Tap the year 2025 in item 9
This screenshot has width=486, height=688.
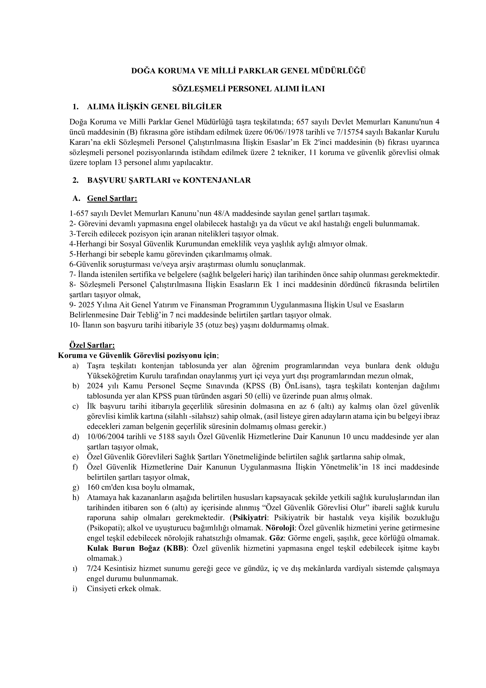pos(86,305)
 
